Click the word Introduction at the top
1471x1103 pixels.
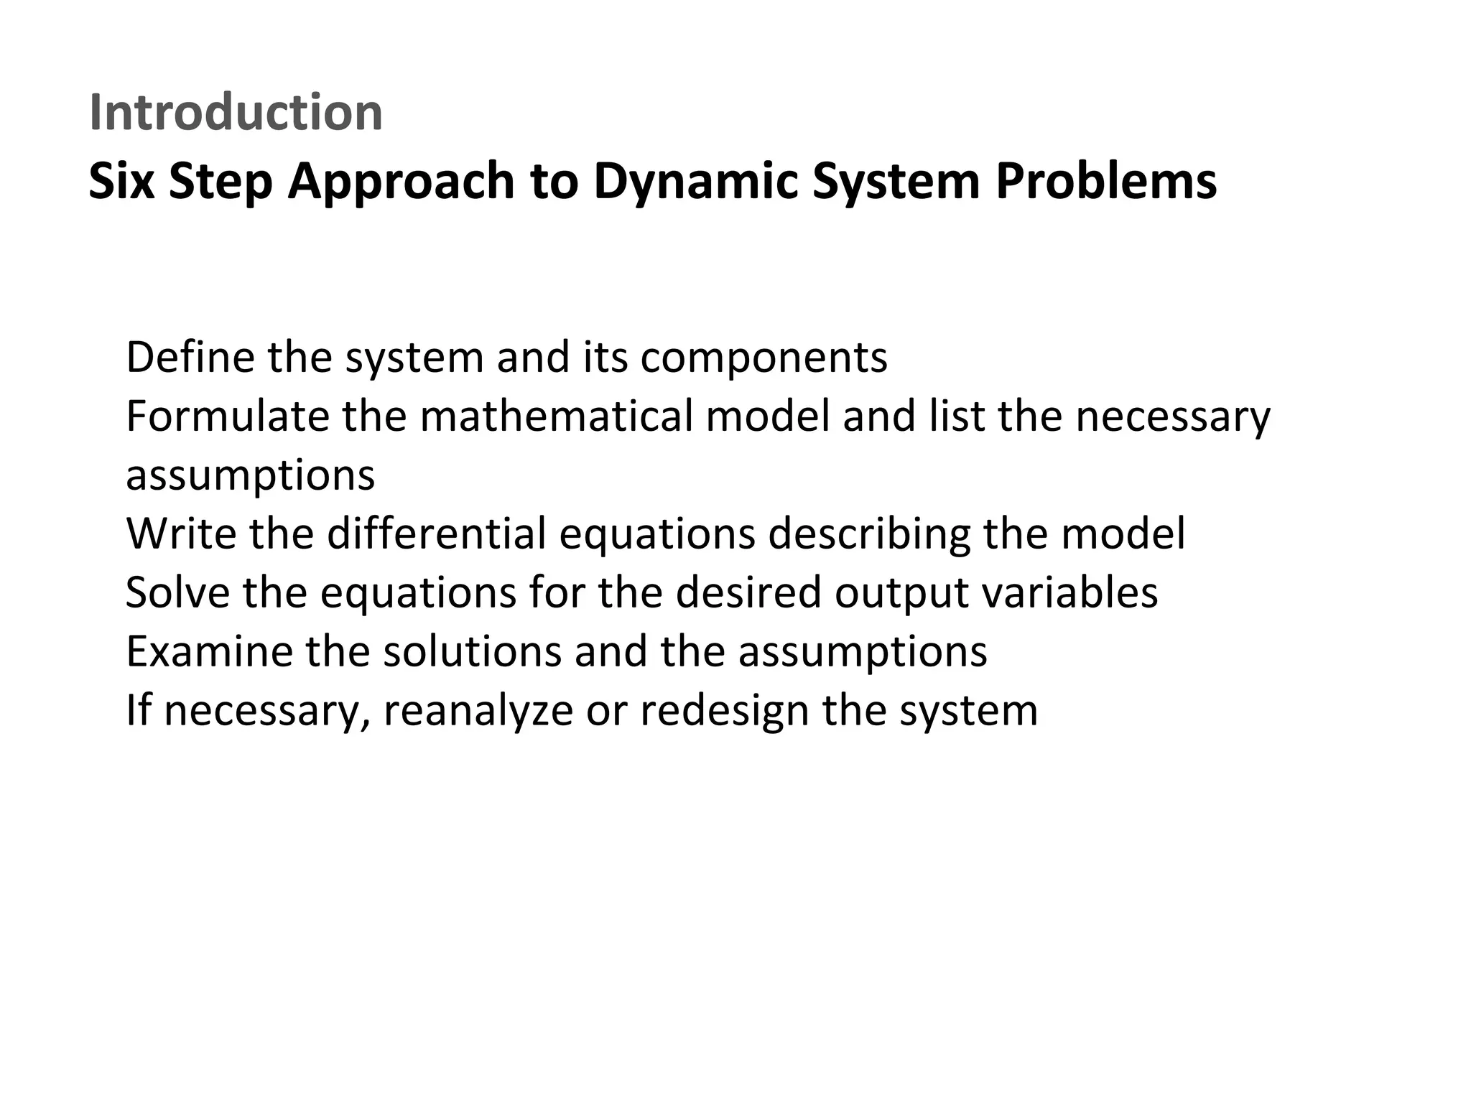(x=236, y=113)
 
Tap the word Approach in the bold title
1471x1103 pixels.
(x=401, y=181)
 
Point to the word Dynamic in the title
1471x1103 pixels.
(x=695, y=181)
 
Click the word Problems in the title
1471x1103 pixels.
(x=1105, y=181)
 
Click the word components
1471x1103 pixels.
(x=764, y=357)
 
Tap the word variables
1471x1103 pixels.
(x=1069, y=592)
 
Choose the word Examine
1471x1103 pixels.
(x=209, y=651)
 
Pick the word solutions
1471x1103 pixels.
(x=472, y=651)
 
